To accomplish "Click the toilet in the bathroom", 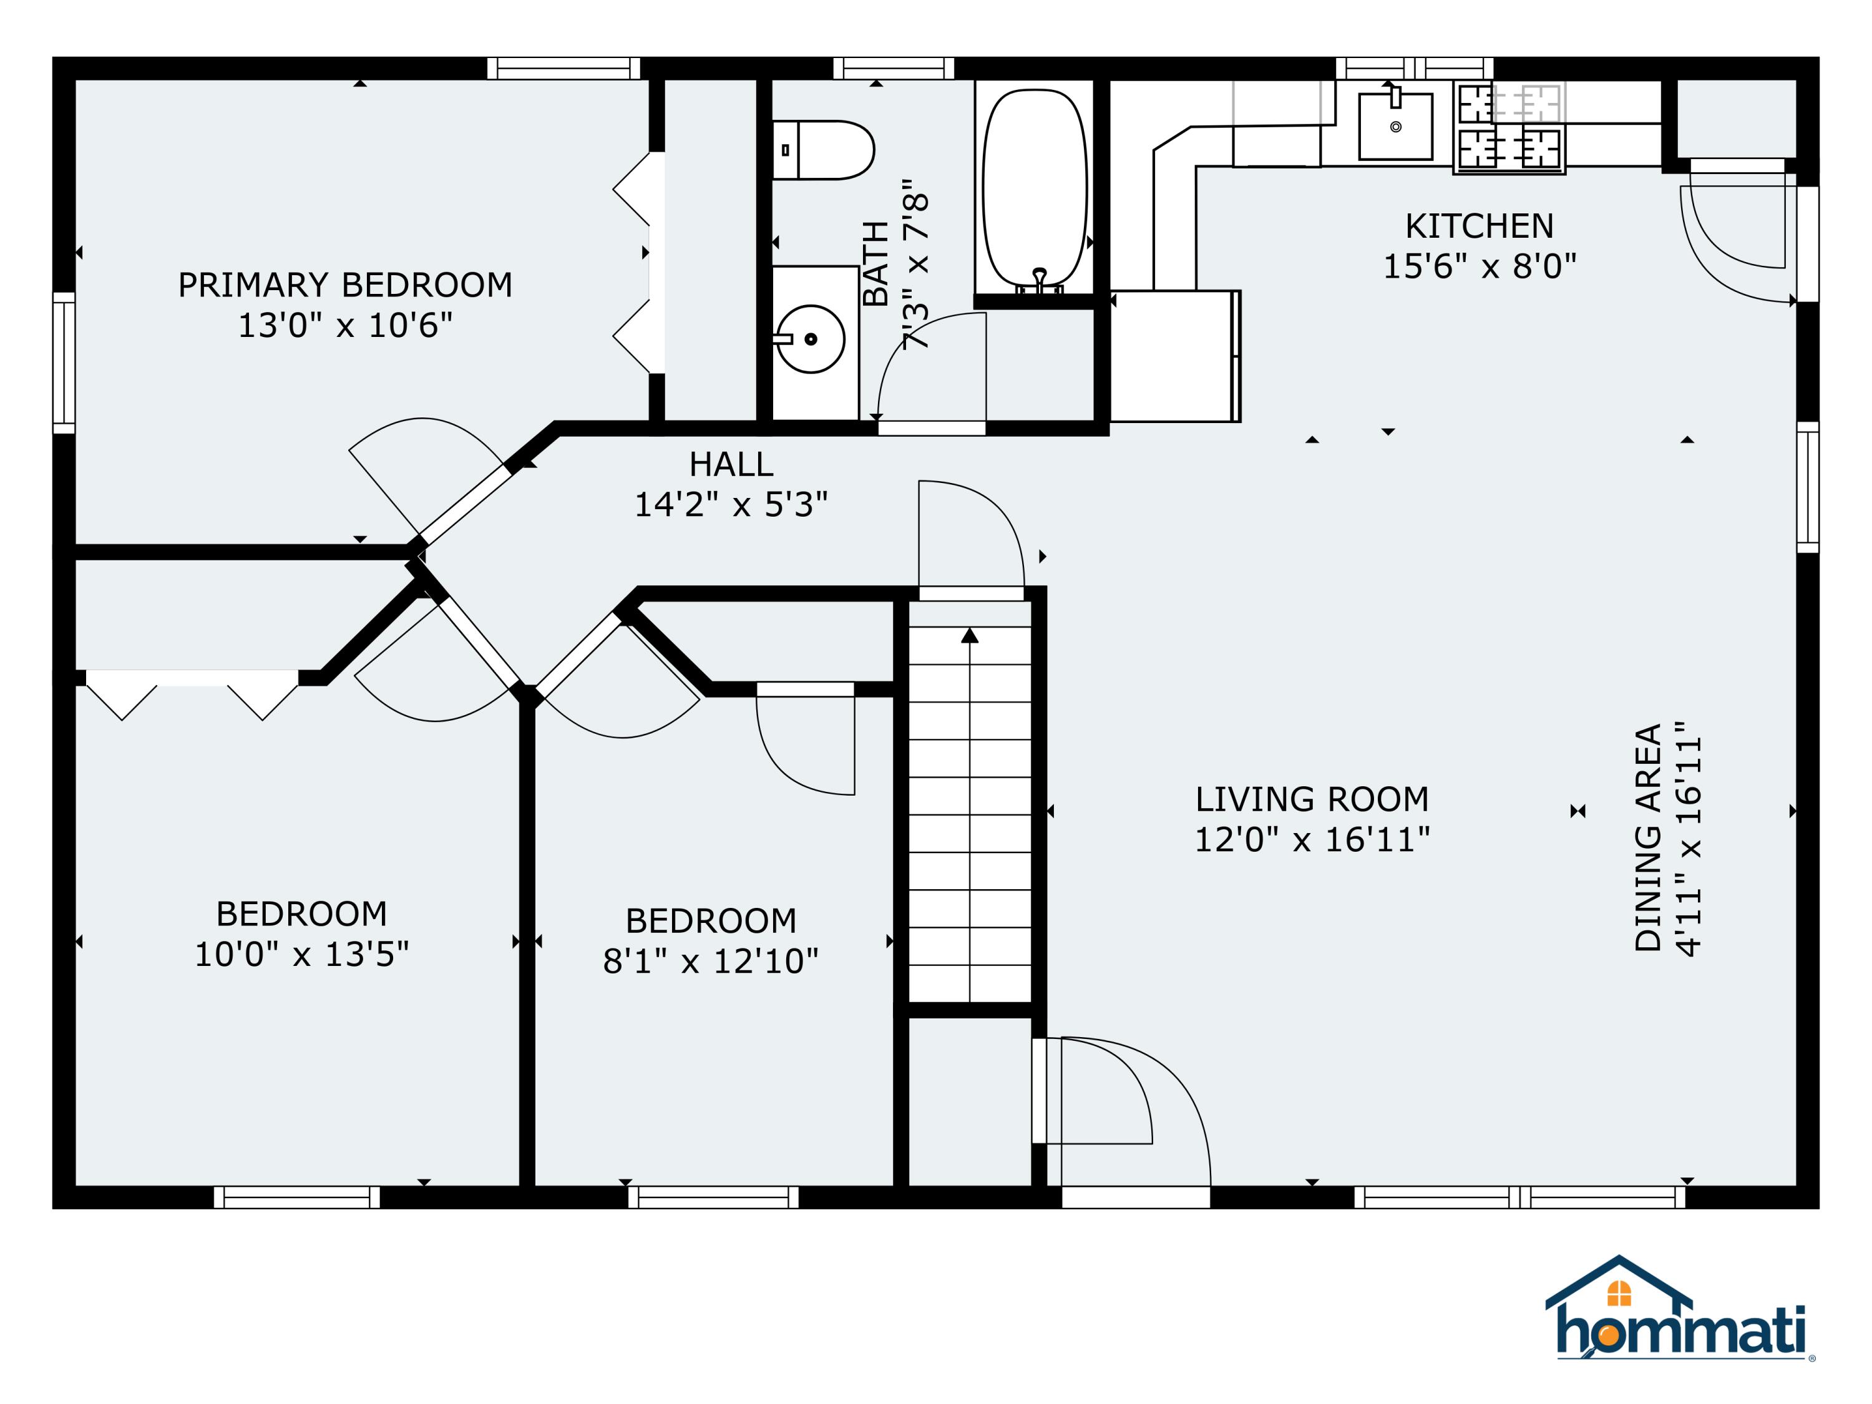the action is tap(822, 150).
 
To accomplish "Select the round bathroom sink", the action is tap(811, 339).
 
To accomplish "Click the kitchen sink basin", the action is tap(1395, 126).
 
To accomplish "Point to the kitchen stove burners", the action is tap(1509, 127).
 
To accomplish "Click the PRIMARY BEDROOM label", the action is tap(345, 285).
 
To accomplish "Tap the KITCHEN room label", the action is tap(1480, 226).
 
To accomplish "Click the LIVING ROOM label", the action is tap(1312, 799).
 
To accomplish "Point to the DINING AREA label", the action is tap(1649, 838).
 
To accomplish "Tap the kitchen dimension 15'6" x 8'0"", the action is tap(1480, 266).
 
